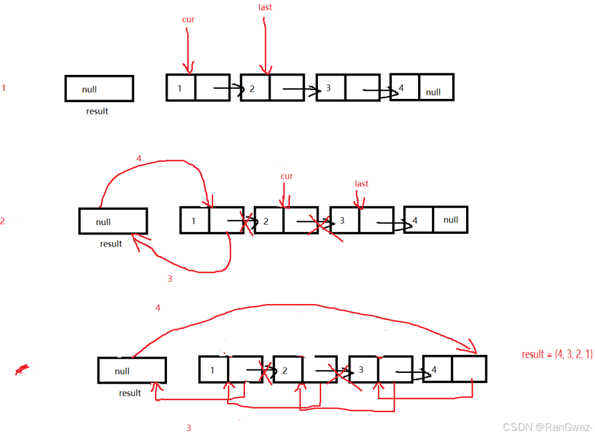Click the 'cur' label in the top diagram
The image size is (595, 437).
coord(188,20)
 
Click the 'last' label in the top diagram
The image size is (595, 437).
coord(265,7)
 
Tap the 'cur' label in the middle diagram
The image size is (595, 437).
coord(286,176)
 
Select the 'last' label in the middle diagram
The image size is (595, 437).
coord(361,184)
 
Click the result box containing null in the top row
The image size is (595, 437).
coord(99,88)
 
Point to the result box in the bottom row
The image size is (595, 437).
coord(132,371)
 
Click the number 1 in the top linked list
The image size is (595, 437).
coord(180,89)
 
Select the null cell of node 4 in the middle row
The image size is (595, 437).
coord(451,220)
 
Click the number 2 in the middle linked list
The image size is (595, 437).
coord(266,221)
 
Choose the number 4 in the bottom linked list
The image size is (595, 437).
coord(434,370)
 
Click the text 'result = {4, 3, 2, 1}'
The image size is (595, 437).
coord(557,354)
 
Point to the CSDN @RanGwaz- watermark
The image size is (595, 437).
coord(548,427)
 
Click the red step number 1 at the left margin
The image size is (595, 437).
coord(4,88)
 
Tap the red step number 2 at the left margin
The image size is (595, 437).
coord(3,221)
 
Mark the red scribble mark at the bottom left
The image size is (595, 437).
coord(22,369)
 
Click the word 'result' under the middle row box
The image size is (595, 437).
coord(111,244)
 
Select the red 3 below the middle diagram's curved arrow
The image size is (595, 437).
coord(170,279)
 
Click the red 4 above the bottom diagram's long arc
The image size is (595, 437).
coord(158,308)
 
